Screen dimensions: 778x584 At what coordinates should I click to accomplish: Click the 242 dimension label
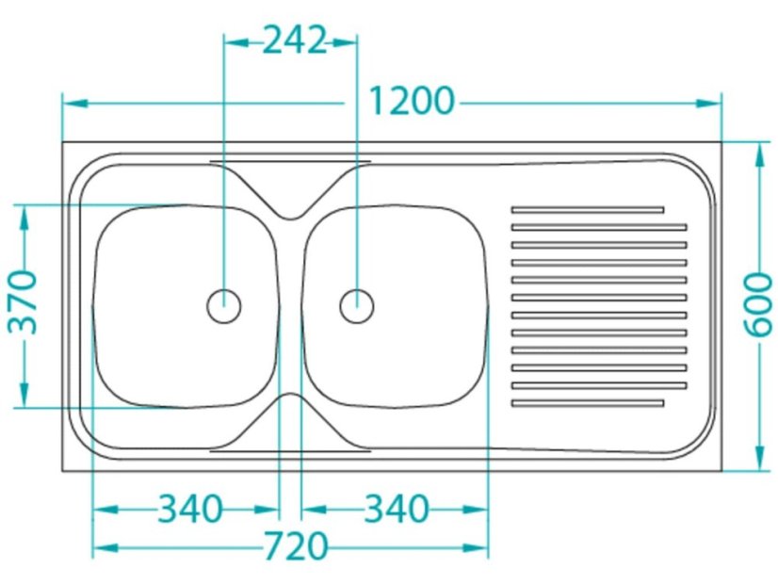[294, 41]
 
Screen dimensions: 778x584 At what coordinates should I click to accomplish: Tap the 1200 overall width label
[412, 101]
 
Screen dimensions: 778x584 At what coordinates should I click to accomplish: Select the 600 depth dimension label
[758, 304]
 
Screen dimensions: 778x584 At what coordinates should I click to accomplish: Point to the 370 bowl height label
[23, 301]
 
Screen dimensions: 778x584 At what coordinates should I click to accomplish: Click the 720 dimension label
[295, 545]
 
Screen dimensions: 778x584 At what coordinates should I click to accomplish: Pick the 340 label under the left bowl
[189, 509]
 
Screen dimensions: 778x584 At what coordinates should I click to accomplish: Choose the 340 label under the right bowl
[396, 509]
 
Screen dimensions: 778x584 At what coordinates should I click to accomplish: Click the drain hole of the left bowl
[224, 305]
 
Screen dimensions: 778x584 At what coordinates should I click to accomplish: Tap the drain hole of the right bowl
[357, 305]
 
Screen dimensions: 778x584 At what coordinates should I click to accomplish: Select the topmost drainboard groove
[588, 210]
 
